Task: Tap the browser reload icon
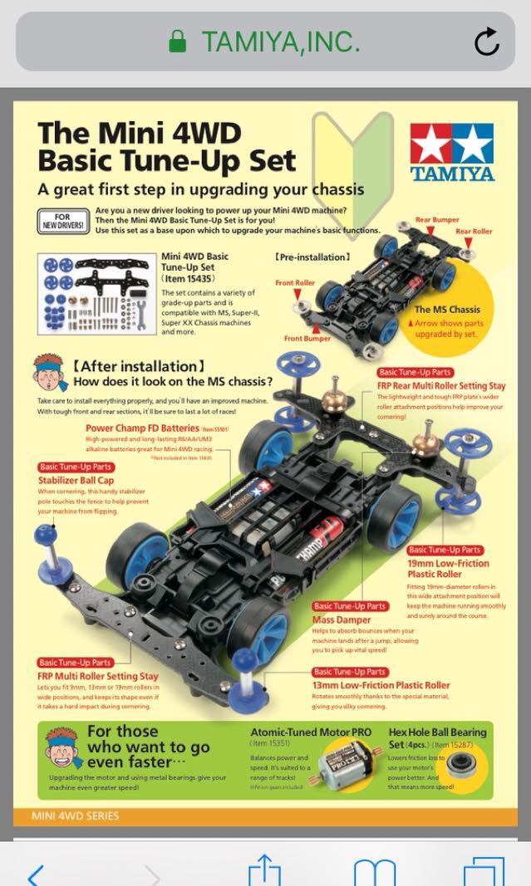487,41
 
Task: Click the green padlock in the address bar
178,42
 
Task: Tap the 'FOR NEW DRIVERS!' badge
61,221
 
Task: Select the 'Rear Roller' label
474,232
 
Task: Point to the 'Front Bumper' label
307,338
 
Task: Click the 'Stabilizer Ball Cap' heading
76,480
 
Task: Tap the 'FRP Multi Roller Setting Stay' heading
98,676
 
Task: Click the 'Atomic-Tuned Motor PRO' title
311,732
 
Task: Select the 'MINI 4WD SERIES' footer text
76,816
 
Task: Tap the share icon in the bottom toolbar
265,872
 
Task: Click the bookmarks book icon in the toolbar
374,873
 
